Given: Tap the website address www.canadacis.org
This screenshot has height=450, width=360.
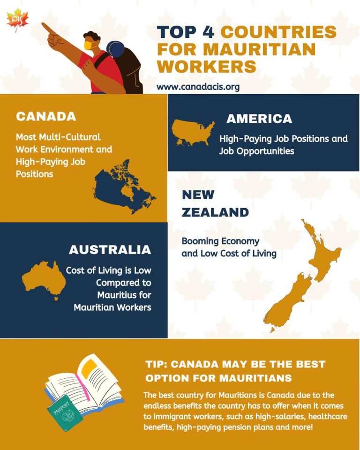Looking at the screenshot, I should point(198,87).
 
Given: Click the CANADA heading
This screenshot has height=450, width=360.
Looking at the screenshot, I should point(46,116).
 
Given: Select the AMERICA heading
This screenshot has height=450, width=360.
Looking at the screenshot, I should point(259,119).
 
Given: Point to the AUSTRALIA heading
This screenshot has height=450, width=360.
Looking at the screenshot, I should point(110,250).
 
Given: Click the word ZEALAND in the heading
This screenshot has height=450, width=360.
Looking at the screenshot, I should point(215,212).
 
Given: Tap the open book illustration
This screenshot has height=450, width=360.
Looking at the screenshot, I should point(89,384).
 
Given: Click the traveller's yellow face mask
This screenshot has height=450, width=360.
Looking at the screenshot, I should point(89,45).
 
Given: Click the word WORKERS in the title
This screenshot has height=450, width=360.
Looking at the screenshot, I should point(207,66).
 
